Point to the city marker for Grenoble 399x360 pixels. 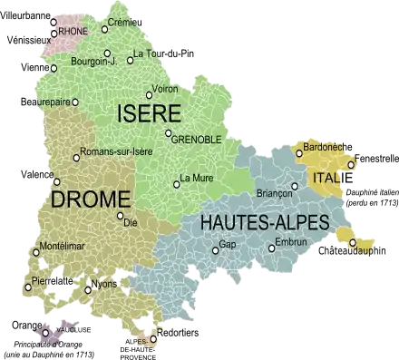169,134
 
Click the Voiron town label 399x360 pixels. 165,89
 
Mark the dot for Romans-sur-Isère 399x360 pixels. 76,152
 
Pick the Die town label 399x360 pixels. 131,221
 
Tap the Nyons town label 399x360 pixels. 104,285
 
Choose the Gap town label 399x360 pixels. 228,245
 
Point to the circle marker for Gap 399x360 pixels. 215,247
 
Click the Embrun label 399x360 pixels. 291,243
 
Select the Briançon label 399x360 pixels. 275,193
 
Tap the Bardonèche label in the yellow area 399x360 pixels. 322,146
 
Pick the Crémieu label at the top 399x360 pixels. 125,22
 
